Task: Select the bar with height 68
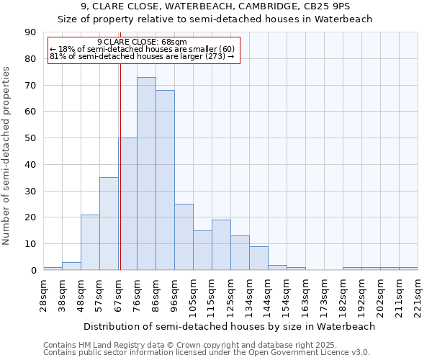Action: coord(165,180)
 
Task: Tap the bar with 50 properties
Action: coord(128,204)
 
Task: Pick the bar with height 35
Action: coord(109,224)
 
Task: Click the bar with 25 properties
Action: coord(184,237)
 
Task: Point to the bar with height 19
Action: coord(221,245)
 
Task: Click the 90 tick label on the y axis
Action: coord(31,32)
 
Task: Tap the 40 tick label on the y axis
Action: coord(31,165)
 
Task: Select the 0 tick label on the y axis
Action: coord(34,271)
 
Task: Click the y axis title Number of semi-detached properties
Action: coord(7,156)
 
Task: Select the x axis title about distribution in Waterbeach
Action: coord(229,326)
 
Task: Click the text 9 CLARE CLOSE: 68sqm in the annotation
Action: coord(142,42)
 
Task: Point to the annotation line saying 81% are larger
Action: coord(142,55)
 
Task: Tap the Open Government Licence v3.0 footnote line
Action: coord(207,352)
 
